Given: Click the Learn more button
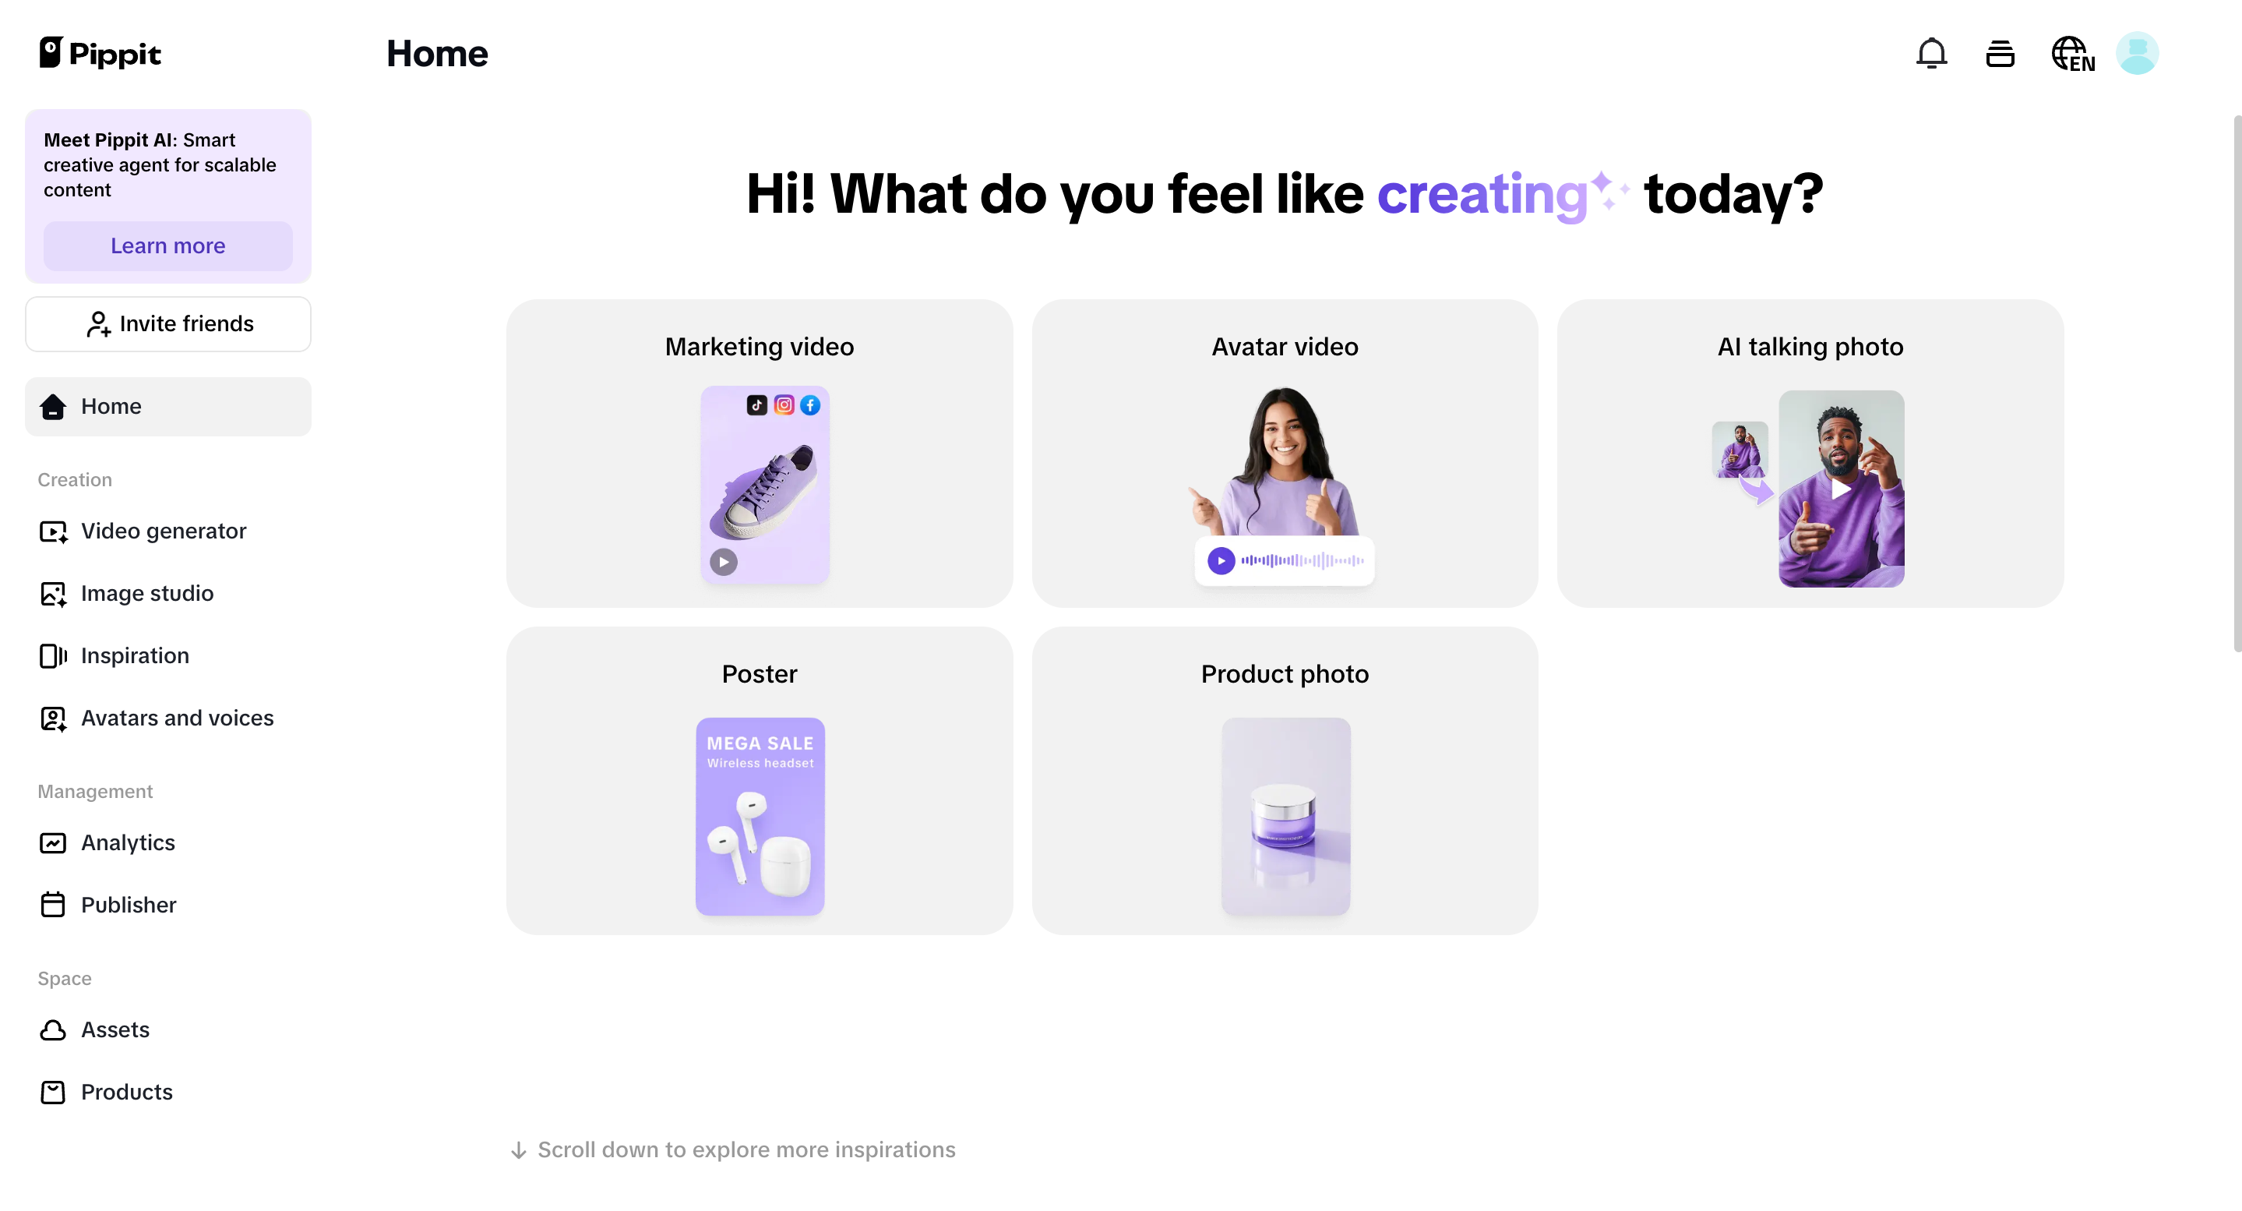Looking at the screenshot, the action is click(x=168, y=245).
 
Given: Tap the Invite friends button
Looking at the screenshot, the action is click(x=168, y=324).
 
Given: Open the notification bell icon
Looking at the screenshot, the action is click(x=1931, y=54).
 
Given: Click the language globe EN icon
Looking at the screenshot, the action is click(x=2072, y=54).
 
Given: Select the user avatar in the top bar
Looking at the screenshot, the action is click(x=2137, y=54).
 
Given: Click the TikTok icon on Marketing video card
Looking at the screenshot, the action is click(x=756, y=404).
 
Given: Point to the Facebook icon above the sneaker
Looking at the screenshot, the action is click(x=810, y=404).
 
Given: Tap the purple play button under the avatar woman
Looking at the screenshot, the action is click(x=1221, y=560).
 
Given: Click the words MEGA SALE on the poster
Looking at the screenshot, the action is click(x=760, y=743).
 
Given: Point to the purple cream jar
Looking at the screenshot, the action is click(x=1283, y=814).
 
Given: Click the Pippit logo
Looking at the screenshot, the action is click(x=100, y=54).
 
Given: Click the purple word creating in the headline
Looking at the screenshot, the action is click(x=1483, y=194).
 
